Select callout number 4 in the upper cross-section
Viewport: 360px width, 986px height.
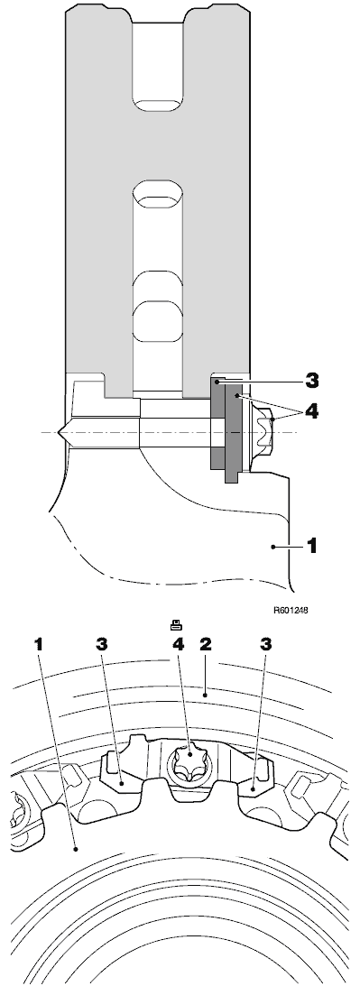click(310, 412)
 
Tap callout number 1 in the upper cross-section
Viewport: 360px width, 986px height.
click(310, 545)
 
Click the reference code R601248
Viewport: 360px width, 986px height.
click(291, 610)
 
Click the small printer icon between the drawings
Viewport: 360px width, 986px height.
click(176, 625)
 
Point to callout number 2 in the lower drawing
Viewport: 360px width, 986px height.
click(205, 644)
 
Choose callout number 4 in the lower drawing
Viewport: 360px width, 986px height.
click(179, 644)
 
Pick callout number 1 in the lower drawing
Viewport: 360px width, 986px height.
click(39, 644)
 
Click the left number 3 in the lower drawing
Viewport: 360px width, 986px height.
click(102, 644)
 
